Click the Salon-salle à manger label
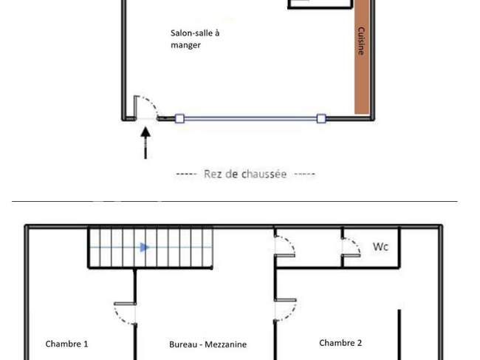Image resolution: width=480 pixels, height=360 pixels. [195, 39]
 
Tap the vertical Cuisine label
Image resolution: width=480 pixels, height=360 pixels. [361, 41]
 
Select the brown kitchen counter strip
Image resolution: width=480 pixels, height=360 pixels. [362, 57]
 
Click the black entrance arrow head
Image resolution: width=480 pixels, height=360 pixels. [145, 132]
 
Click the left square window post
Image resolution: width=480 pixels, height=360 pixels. [179, 118]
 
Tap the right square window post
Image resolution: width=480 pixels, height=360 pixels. [321, 118]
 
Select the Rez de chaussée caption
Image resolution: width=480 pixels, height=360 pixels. [245, 174]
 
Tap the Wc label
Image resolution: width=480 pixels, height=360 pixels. [380, 246]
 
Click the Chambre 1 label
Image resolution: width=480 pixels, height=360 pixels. [66, 344]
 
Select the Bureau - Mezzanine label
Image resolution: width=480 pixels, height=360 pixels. [208, 344]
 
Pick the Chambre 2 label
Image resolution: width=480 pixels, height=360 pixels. [340, 343]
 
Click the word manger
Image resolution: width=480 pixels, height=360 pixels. [185, 45]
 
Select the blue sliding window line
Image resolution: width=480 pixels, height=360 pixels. [250, 118]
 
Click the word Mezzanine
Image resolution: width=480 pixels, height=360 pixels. [226, 344]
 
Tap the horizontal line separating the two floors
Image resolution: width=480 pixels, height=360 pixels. [235, 201]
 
